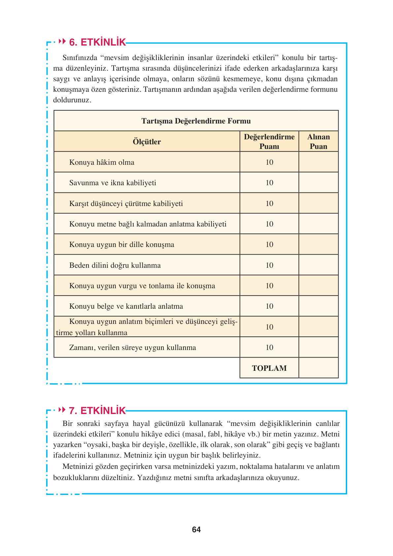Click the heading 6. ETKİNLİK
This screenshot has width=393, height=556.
(x=97, y=42)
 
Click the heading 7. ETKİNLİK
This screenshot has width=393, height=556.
(x=97, y=411)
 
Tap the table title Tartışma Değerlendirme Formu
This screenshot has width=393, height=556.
(x=196, y=121)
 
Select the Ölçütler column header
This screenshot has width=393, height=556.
(x=147, y=142)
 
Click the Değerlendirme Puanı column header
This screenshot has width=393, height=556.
(x=269, y=142)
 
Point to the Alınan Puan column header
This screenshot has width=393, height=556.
(x=318, y=142)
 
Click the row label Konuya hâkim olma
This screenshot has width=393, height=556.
(x=102, y=162)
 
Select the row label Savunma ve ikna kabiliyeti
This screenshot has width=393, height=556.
(x=113, y=183)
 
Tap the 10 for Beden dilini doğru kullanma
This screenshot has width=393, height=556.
(x=269, y=265)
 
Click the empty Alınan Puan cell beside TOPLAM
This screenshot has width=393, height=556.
(x=318, y=368)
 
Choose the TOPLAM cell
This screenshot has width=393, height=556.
(x=269, y=368)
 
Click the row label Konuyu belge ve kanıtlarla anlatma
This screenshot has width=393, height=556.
(x=126, y=306)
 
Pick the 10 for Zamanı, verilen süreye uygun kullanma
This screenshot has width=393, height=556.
(x=269, y=347)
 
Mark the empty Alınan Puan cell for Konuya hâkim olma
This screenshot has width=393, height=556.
(x=318, y=162)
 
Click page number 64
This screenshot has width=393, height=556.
(x=196, y=530)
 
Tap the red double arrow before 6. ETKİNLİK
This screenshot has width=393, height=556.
(x=62, y=42)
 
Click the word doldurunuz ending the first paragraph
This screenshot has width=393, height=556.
(x=72, y=100)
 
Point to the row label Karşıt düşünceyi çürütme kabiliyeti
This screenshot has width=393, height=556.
(x=126, y=203)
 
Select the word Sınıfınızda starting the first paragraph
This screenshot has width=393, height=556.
(x=80, y=58)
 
